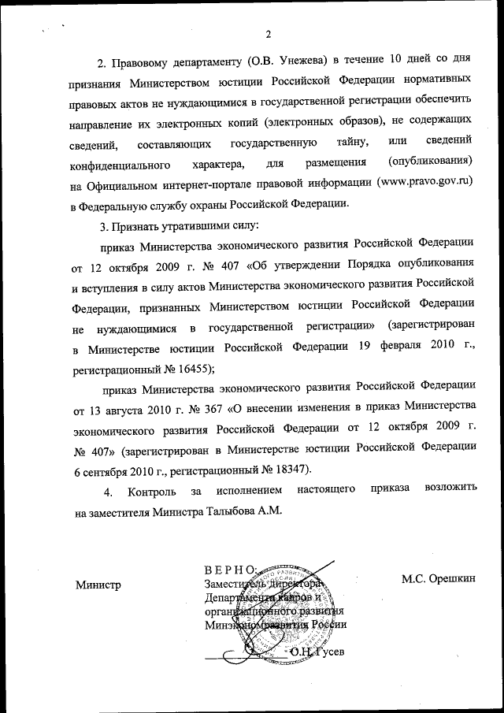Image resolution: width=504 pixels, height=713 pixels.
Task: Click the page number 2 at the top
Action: (268, 34)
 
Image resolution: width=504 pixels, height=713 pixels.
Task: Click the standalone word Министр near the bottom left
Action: (98, 585)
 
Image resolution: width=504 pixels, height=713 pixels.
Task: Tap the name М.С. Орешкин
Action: (439, 578)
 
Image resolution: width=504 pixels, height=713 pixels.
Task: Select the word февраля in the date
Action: (383, 346)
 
